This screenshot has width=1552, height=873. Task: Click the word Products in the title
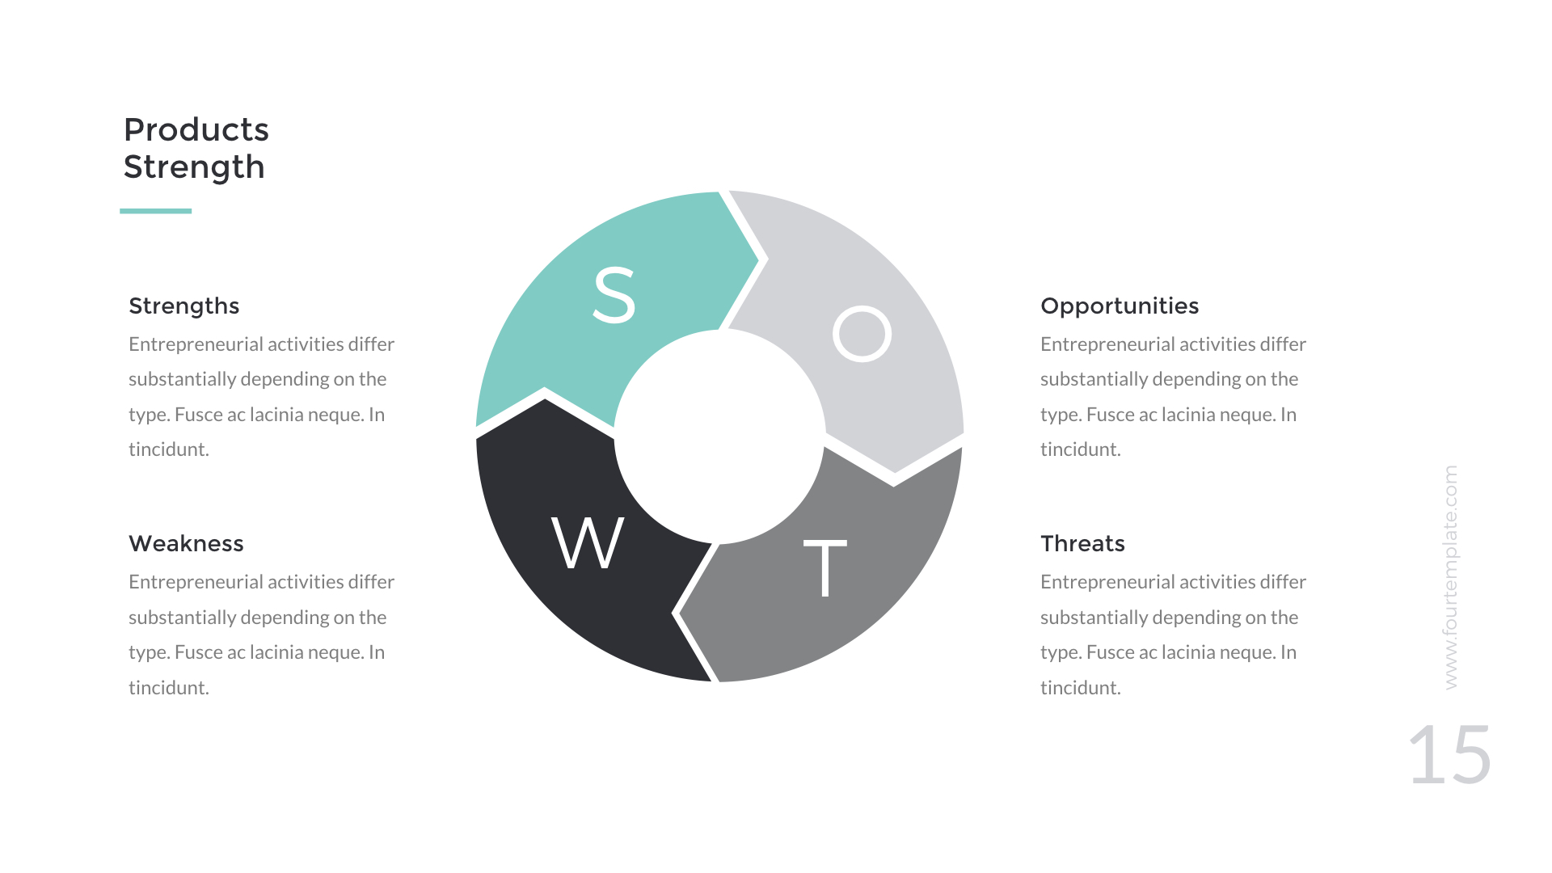point(196,130)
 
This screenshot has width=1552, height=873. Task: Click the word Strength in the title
point(194,167)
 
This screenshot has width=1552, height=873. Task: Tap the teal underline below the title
point(155,211)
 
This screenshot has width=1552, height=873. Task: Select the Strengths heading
point(183,306)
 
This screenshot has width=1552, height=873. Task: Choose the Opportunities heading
point(1119,306)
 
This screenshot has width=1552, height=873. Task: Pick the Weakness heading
point(186,543)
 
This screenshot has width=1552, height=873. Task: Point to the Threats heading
point(1082,543)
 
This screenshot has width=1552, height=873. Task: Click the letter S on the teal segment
point(614,295)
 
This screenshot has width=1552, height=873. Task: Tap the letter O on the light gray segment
point(862,333)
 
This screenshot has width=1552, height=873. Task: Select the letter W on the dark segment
point(588,542)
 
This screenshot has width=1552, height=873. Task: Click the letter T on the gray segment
point(824,567)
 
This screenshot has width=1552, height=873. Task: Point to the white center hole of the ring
point(719,436)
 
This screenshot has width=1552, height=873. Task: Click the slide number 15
point(1449,755)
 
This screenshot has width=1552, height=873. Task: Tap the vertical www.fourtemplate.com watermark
point(1451,577)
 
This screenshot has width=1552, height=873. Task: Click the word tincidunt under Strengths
point(168,449)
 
